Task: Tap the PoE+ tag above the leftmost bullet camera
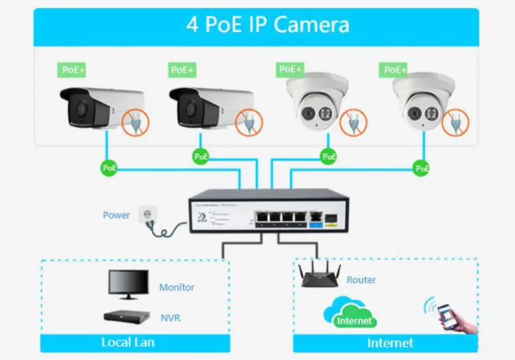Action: point(71,69)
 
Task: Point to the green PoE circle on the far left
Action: point(109,167)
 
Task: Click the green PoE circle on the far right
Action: point(422,167)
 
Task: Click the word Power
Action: point(116,215)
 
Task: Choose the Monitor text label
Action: point(176,287)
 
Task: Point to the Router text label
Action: point(361,280)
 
